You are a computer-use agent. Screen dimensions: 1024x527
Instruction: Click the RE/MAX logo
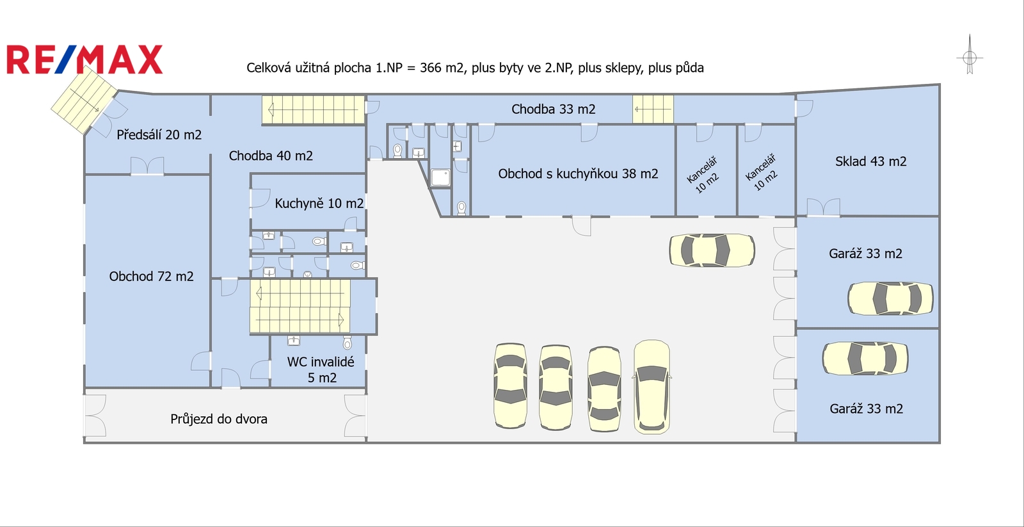[84, 60]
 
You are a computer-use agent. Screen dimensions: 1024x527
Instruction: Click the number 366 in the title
[431, 68]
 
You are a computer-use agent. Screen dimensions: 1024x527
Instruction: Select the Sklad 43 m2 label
[870, 161]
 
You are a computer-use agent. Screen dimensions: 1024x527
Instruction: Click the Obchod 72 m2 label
[151, 277]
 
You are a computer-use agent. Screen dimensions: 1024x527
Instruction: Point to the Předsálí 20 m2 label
[159, 134]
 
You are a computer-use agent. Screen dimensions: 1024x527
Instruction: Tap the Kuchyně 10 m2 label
[319, 203]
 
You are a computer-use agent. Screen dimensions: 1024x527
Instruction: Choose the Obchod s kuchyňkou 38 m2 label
[578, 174]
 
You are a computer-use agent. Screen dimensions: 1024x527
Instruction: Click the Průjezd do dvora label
[218, 419]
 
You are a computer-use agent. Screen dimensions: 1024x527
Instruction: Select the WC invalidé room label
[321, 369]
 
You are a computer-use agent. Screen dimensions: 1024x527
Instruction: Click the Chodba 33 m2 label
[553, 109]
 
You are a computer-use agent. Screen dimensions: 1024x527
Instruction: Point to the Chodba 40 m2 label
[271, 156]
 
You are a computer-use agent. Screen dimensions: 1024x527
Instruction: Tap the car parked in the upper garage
[890, 299]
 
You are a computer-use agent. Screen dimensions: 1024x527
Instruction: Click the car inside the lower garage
[865, 358]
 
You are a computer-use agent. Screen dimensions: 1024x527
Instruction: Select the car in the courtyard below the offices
[712, 250]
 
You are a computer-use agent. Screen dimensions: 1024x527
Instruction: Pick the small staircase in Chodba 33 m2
[653, 109]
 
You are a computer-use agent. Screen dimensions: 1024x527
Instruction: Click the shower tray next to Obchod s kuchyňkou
[441, 177]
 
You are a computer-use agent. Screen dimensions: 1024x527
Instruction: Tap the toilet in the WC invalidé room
[347, 342]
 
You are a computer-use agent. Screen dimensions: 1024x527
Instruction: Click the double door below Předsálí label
[147, 166]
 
